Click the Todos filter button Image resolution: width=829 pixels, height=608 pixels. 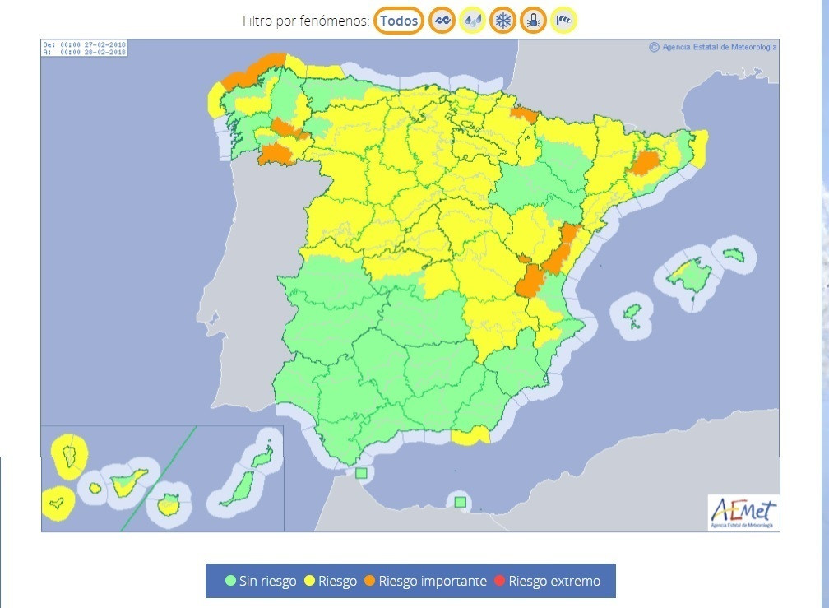[x=399, y=21]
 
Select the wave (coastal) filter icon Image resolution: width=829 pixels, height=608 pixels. [x=442, y=21]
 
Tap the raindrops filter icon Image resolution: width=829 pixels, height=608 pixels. [x=472, y=21]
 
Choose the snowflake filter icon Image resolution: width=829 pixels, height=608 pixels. [x=502, y=21]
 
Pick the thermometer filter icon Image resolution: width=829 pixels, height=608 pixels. [x=533, y=21]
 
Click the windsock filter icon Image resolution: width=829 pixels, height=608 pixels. [x=563, y=21]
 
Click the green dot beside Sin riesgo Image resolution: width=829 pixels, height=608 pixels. [x=231, y=581]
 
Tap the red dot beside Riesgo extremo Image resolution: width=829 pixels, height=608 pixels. [x=500, y=581]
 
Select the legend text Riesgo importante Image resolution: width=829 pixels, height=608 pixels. [x=432, y=581]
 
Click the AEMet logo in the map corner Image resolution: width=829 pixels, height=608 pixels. [x=743, y=511]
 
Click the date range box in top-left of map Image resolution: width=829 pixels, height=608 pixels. [x=85, y=49]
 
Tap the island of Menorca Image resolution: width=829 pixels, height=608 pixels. [x=733, y=254]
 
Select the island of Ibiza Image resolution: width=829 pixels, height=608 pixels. [x=631, y=313]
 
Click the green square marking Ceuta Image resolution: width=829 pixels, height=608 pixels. [x=361, y=473]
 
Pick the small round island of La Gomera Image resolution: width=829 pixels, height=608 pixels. [x=95, y=488]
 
